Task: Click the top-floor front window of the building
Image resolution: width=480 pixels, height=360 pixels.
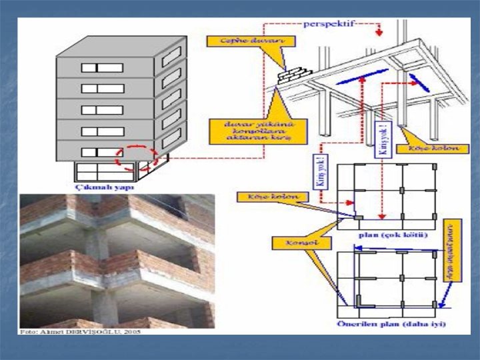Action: click(102, 67)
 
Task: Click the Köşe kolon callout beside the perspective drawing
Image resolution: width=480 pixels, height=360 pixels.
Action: click(438, 147)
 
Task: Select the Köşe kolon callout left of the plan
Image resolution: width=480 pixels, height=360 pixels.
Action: click(268, 197)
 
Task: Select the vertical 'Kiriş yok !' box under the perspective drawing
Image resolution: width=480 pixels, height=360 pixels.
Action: click(383, 138)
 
